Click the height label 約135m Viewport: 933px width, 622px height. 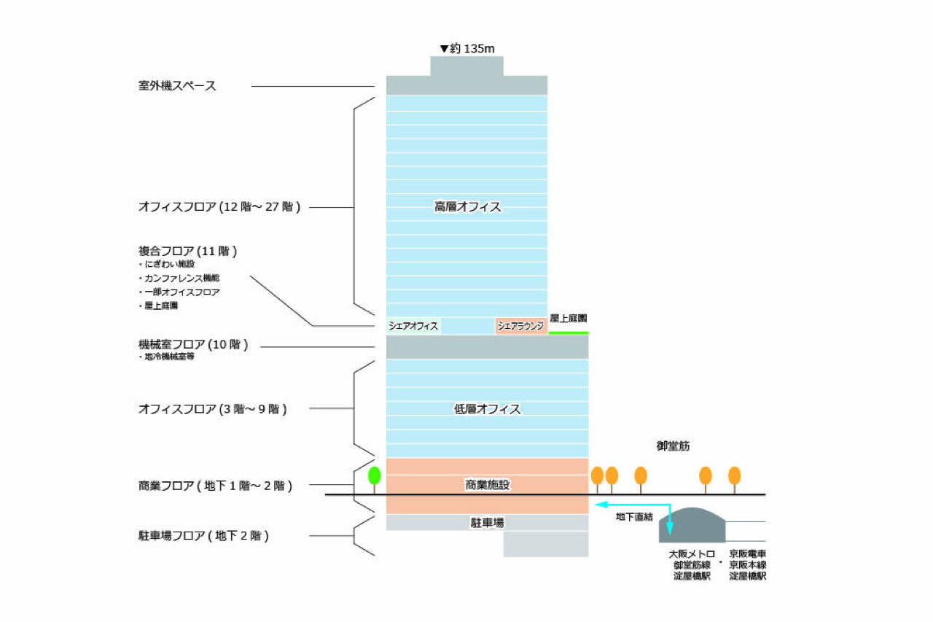tap(467, 49)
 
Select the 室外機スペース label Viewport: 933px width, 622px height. tap(177, 86)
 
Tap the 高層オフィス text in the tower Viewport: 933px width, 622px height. tap(467, 206)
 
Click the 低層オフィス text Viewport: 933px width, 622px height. tap(487, 408)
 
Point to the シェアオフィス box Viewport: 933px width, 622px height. tap(413, 326)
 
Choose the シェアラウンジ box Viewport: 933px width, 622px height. tap(520, 326)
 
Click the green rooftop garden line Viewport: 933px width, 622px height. tap(569, 333)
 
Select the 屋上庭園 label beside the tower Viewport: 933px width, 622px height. tap(568, 318)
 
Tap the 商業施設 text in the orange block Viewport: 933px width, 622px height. tap(488, 484)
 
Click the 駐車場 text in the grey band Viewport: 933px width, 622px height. tap(488, 522)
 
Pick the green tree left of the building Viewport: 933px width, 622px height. tap(375, 479)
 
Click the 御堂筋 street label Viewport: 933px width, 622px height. tap(673, 446)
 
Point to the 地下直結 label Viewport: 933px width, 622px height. tap(634, 517)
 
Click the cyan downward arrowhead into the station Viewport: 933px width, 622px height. tap(670, 529)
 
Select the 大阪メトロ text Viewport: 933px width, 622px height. tap(692, 554)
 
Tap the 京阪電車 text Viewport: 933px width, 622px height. tap(748, 554)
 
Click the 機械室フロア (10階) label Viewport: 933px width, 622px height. tap(193, 344)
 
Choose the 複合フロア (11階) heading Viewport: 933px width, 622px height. tap(187, 252)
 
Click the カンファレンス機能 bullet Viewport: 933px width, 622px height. tap(179, 278)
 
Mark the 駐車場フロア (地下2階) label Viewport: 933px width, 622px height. tap(203, 536)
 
